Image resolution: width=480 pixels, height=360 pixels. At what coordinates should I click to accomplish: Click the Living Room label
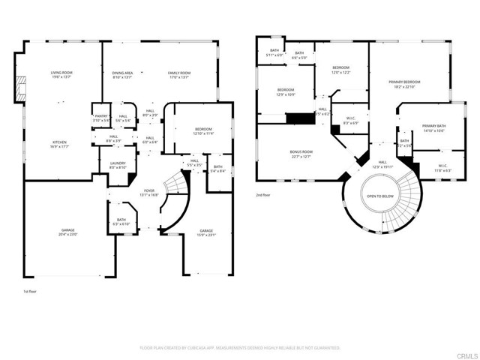[x=61, y=74]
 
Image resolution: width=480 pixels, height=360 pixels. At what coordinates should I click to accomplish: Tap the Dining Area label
[x=121, y=74]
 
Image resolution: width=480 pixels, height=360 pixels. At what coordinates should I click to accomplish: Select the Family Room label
[x=179, y=74]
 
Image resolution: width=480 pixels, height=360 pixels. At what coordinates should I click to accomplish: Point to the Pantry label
[x=101, y=118]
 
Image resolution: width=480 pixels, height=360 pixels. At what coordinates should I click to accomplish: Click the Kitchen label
[x=61, y=144]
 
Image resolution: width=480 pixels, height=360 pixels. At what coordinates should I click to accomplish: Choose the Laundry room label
[x=118, y=165]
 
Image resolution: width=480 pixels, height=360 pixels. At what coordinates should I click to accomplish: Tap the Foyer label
[x=149, y=193]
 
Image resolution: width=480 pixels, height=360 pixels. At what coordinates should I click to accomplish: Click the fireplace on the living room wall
[x=20, y=88]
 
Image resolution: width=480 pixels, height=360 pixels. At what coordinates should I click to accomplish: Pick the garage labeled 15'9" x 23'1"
[x=206, y=232]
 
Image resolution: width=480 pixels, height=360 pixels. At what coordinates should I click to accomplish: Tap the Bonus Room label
[x=301, y=154]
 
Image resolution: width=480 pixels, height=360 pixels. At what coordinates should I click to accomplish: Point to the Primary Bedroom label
[x=404, y=83]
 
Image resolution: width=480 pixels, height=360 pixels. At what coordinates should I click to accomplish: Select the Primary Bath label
[x=433, y=128]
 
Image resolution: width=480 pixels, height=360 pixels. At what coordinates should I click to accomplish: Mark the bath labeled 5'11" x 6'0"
[x=274, y=52]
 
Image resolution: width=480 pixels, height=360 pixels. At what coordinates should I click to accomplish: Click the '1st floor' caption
[x=30, y=291]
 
